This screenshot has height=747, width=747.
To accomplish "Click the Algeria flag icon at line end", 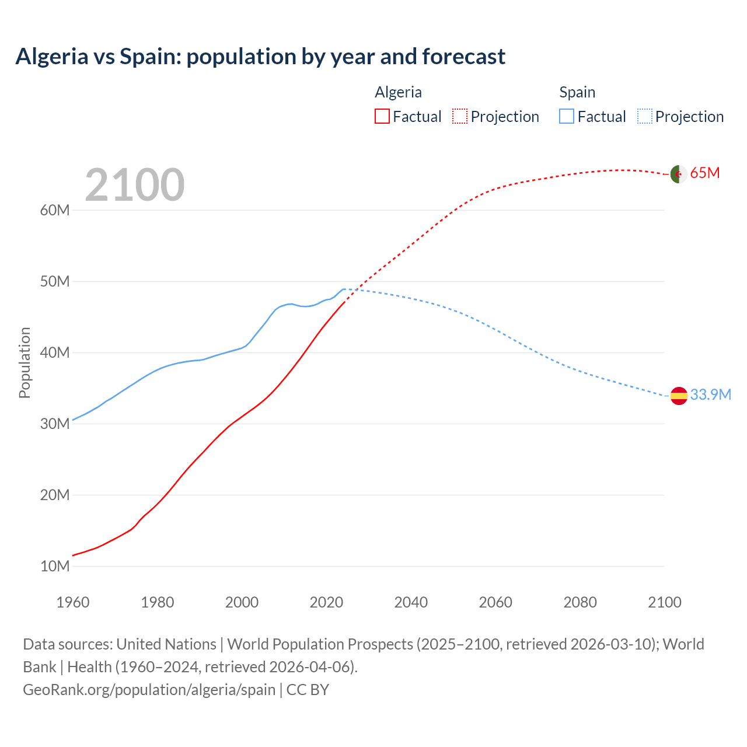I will coord(678,174).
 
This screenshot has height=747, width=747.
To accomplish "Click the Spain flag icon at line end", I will coord(679,396).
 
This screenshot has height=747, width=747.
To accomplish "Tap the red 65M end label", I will coord(705,173).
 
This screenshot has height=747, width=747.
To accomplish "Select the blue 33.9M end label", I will coord(710,395).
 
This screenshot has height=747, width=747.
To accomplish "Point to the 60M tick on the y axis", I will coord(55,210).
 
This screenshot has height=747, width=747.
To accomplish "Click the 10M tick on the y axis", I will coord(55,566).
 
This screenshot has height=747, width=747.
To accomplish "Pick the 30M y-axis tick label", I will coord(55,424).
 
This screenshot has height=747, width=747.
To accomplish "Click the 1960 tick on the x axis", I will coord(73,602).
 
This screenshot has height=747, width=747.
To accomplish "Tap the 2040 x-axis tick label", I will coord(411,602).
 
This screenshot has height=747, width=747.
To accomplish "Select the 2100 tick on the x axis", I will coord(664,602).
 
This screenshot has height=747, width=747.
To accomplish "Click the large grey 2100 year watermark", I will coord(135,185).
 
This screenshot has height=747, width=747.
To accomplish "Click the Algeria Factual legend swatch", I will coord(382,117).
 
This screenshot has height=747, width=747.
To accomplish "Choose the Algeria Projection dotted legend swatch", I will coord(460,117).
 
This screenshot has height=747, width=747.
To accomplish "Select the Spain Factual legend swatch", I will coord(566,117).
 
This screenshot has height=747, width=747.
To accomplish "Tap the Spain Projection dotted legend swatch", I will coord(644,117).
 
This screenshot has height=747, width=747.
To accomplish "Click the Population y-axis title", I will coord(25,362).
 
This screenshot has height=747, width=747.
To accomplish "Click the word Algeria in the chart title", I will coord(52,57).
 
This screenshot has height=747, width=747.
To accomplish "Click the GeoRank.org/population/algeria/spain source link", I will coord(149,690).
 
